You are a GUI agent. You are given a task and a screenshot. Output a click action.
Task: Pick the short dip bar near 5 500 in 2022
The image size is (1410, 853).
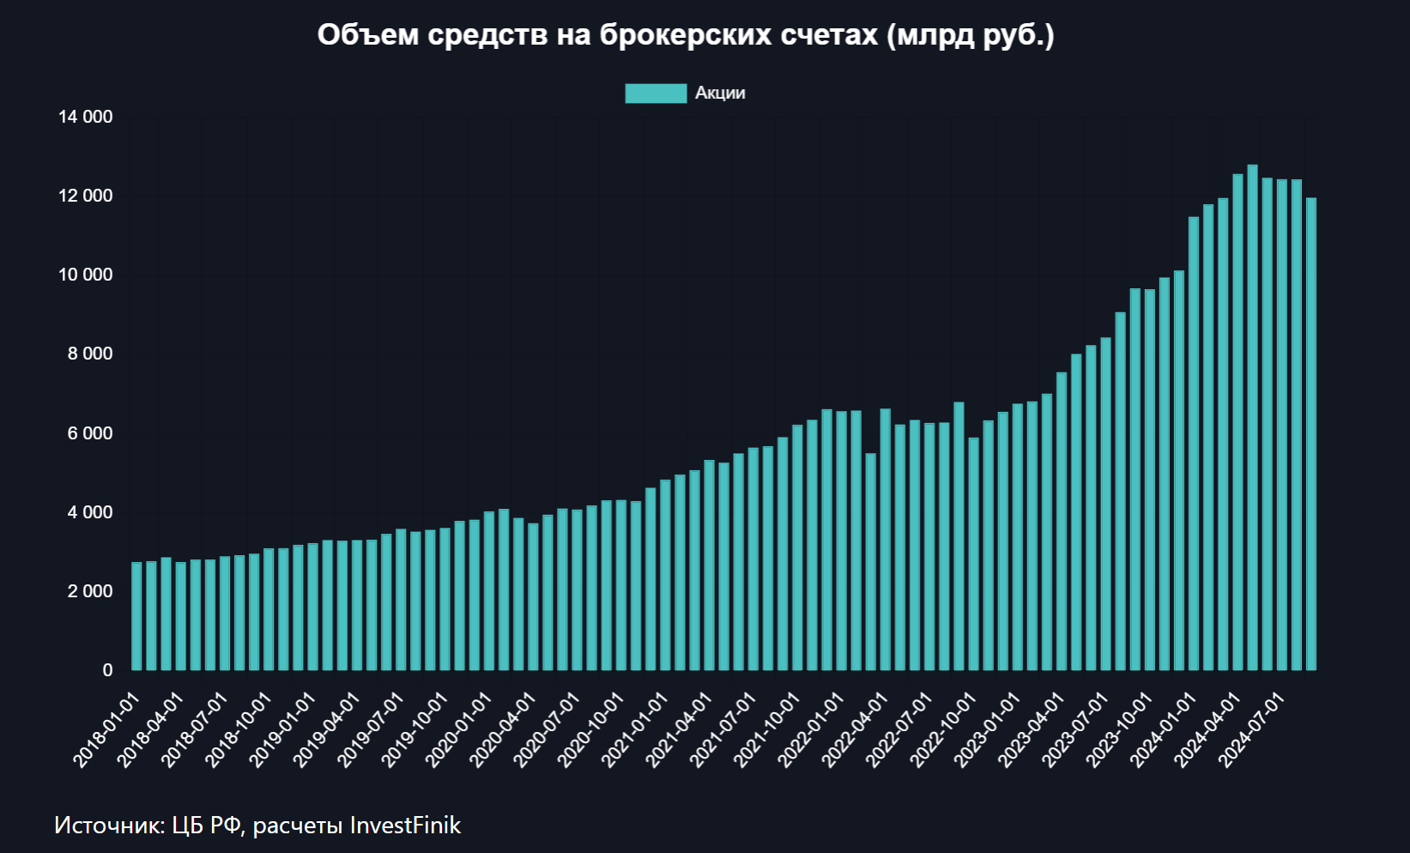[870, 561]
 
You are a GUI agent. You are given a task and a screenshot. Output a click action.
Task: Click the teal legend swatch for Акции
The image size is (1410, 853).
[656, 94]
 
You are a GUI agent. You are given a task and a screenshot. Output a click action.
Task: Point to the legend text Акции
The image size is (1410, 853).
[720, 94]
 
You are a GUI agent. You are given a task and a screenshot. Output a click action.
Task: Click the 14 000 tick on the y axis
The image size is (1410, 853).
[85, 117]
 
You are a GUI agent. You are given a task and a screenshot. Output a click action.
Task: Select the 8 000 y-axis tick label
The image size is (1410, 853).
[90, 354]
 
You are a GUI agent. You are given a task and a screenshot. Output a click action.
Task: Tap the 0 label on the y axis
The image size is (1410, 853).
[107, 670]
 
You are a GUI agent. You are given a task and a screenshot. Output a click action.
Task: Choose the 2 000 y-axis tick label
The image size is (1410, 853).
[90, 591]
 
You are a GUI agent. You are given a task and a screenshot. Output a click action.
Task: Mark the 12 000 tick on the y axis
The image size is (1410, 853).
[85, 196]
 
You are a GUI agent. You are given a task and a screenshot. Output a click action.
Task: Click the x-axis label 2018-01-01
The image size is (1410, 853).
[106, 730]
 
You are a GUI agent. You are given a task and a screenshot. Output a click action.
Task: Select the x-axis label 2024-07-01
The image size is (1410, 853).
[1252, 730]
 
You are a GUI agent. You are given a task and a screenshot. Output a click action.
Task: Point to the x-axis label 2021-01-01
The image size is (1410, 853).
[635, 730]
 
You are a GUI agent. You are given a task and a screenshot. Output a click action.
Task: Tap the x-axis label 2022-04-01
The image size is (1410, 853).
[856, 730]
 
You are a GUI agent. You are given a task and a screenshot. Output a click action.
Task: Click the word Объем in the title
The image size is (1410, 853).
[368, 35]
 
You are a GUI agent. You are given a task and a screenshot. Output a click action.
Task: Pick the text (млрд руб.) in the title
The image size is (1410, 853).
[970, 35]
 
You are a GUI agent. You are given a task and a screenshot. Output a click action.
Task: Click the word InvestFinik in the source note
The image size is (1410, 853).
[405, 826]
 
